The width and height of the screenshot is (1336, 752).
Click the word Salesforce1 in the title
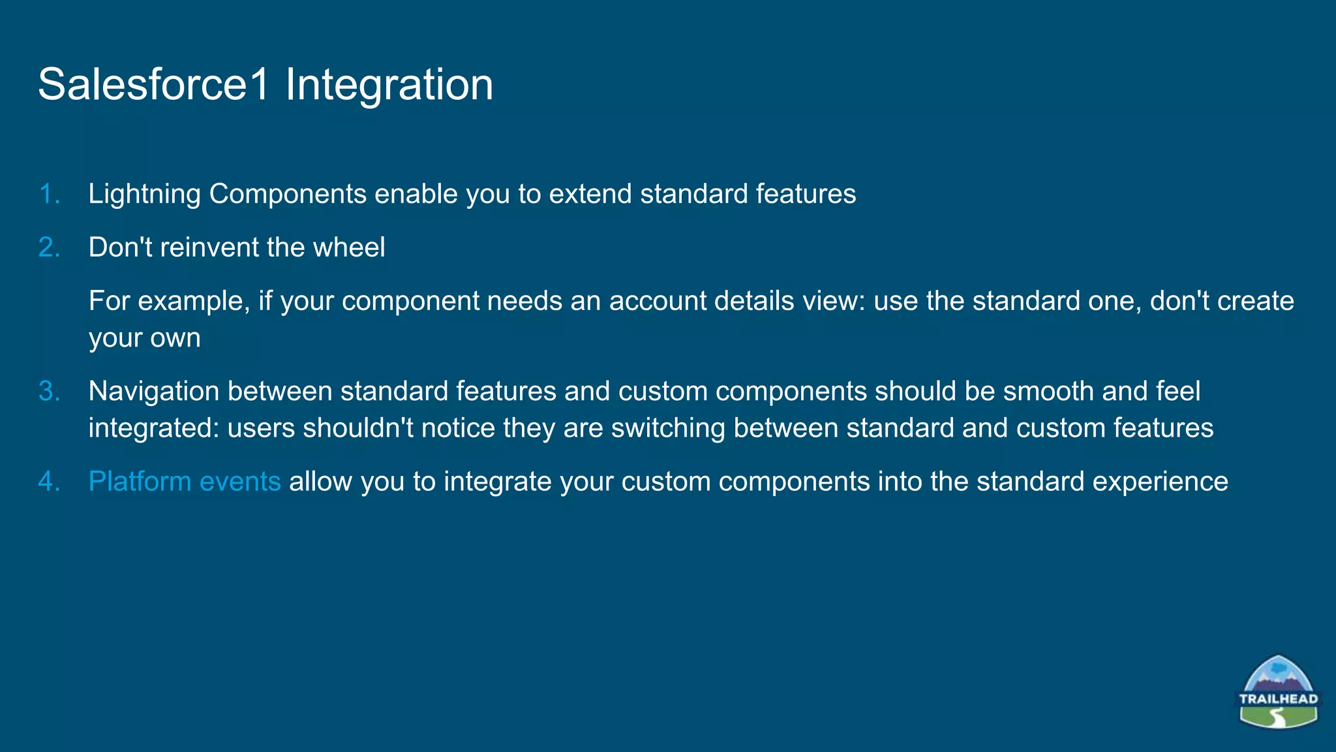(153, 85)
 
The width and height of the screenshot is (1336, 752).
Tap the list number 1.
(50, 194)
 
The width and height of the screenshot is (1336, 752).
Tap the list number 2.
(50, 247)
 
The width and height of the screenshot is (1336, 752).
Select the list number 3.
(50, 391)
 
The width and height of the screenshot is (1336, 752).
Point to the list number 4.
(50, 481)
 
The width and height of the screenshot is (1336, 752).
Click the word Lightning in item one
(144, 195)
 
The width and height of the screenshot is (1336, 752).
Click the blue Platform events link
(185, 481)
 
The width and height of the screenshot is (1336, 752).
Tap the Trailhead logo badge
(1278, 693)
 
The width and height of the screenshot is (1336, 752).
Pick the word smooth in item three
(1048, 391)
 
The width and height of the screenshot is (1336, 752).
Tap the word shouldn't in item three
(357, 428)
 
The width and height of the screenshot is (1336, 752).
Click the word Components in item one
(288, 195)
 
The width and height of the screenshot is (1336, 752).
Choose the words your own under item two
(144, 338)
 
